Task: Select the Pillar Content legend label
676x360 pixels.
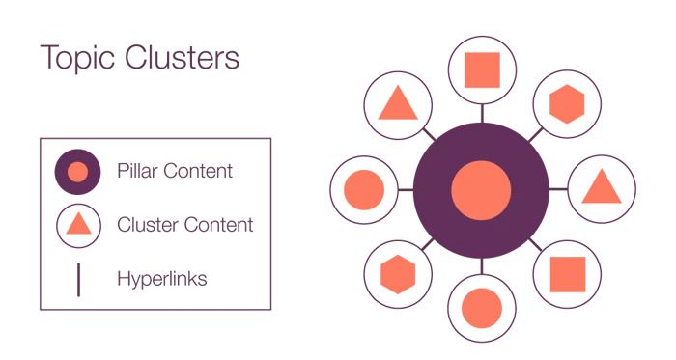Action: click(x=174, y=172)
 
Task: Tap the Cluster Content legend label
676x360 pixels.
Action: click(x=184, y=226)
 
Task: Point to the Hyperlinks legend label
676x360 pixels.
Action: click(x=161, y=280)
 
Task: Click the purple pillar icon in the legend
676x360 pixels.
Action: click(x=79, y=173)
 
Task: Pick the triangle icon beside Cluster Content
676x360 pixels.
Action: click(x=79, y=226)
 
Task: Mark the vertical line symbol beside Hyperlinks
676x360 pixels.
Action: click(x=78, y=279)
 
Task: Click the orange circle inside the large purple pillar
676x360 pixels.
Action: click(x=481, y=188)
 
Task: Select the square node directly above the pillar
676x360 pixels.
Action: click(x=482, y=69)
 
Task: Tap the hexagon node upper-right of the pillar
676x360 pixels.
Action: click(x=565, y=102)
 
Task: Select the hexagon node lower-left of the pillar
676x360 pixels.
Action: click(x=398, y=273)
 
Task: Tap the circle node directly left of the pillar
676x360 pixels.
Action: click(x=364, y=189)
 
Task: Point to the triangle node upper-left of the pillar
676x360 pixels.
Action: click(x=398, y=103)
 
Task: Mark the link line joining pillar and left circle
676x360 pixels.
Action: click(x=406, y=189)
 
